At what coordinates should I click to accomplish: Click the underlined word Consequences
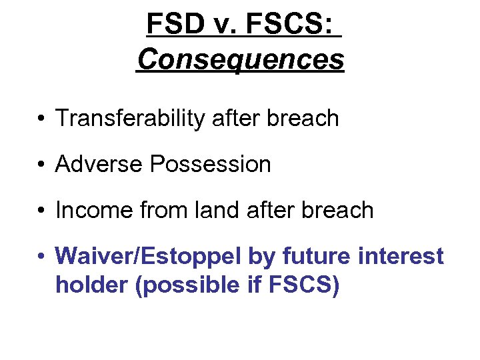coord(240,59)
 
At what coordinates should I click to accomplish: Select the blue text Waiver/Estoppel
coord(149,256)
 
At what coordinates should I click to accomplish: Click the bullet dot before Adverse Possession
coord(41,165)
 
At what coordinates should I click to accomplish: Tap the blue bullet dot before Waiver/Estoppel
coord(41,257)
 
